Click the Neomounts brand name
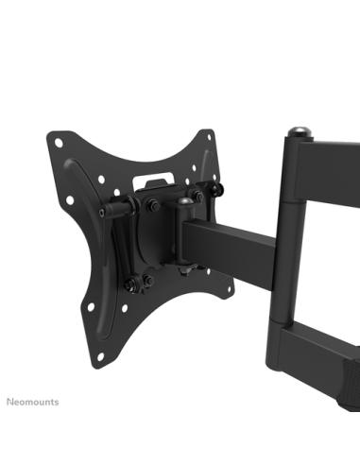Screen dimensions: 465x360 34,402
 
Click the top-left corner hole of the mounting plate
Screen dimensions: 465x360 59,144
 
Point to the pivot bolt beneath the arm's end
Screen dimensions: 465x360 188,272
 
